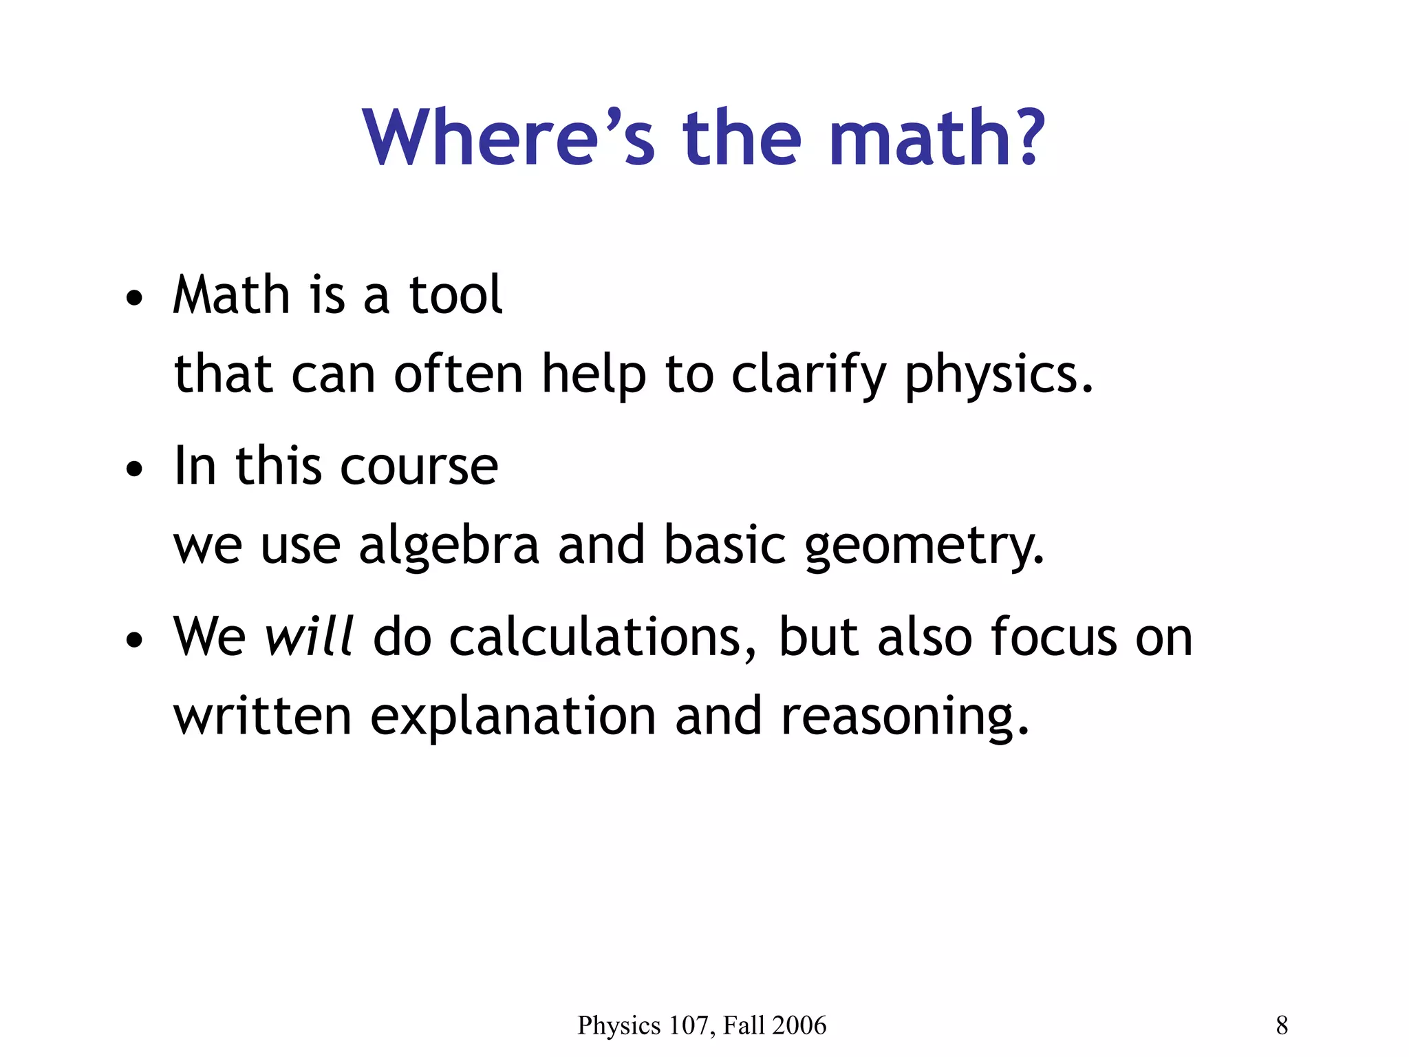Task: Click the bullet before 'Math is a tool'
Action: click(134, 299)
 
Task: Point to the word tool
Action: click(455, 295)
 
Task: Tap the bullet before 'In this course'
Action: click(134, 470)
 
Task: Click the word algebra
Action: click(449, 546)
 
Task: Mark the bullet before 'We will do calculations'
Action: click(134, 640)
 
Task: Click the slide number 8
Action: click(1282, 1025)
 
